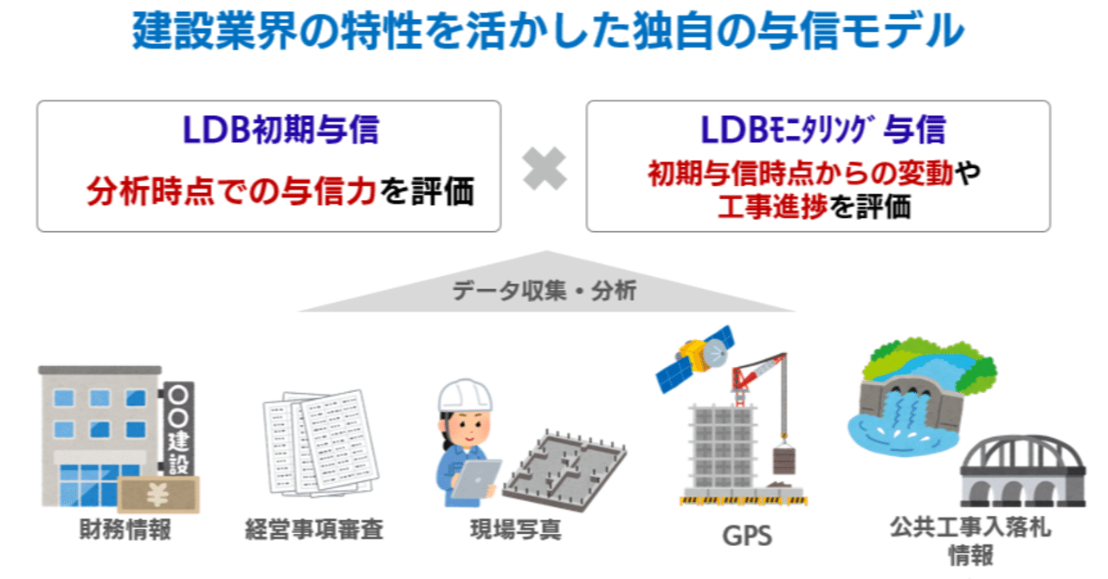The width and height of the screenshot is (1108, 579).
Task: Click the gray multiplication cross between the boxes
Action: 544,168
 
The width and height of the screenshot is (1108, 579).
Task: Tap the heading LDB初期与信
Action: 281,130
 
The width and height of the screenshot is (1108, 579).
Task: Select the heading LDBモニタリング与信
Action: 823,130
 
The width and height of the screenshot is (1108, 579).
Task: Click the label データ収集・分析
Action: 544,290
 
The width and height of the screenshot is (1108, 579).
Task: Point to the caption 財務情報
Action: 126,529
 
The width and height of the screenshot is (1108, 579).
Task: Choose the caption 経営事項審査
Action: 314,529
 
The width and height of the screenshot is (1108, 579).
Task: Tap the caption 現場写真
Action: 515,529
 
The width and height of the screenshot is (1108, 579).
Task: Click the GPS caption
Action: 747,536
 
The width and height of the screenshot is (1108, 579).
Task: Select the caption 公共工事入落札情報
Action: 970,540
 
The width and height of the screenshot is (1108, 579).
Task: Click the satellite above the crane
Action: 696,358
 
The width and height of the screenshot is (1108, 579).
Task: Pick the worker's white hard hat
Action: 465,396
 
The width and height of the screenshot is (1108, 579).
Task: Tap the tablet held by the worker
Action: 476,478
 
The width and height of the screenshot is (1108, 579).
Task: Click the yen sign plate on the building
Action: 158,494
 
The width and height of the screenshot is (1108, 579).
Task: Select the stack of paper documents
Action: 320,443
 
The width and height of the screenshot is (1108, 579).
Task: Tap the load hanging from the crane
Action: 784,460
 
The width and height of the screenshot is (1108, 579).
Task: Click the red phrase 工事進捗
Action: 772,206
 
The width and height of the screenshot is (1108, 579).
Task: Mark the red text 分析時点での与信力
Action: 231,191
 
